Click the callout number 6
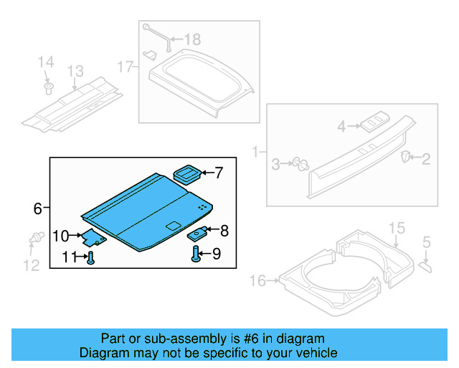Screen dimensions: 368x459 coord(37,209)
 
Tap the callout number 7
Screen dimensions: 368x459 coord(219,172)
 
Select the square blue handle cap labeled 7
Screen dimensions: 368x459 coord(189,173)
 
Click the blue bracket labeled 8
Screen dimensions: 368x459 coord(199,232)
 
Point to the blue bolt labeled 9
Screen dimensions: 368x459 coord(195,254)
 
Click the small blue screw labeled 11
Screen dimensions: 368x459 coord(90,257)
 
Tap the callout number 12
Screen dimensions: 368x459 coord(31,265)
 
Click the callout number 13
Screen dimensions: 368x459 coord(75,71)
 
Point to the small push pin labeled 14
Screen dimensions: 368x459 coord(48,88)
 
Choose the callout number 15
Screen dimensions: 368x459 coord(397,229)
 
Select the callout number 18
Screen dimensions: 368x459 coord(193,40)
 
